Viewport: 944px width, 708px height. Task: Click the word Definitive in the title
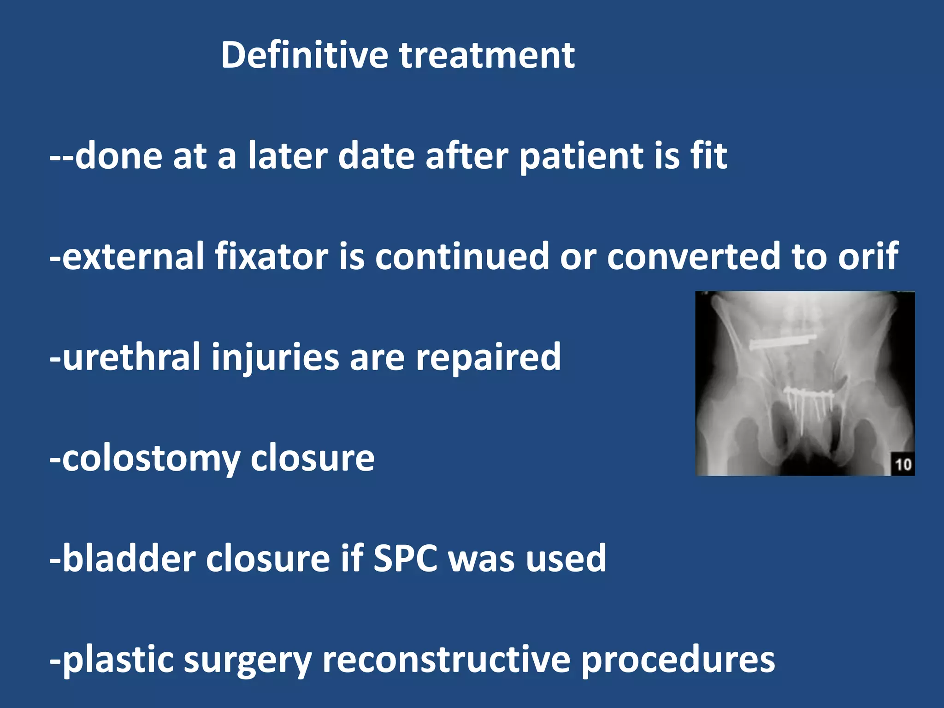[x=304, y=55]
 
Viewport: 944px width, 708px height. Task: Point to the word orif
[x=868, y=256]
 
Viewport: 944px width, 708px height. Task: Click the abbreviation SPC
[x=405, y=559]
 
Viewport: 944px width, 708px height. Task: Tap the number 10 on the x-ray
[x=903, y=464]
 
